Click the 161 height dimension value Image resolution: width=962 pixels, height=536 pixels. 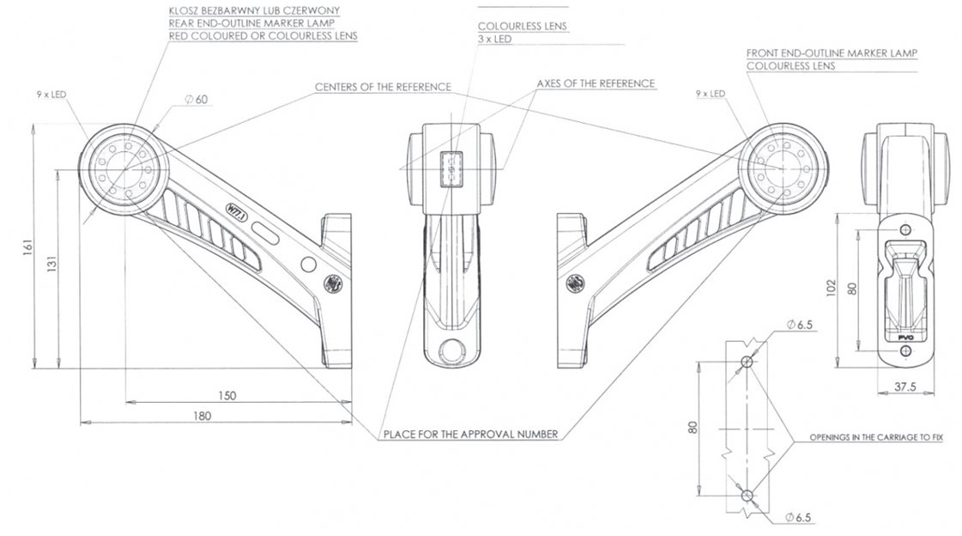pyautogui.click(x=27, y=247)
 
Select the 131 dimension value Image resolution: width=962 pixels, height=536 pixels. pyautogui.click(x=52, y=264)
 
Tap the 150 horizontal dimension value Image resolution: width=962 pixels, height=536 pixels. pyautogui.click(x=227, y=396)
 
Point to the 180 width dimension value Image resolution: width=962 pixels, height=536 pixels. pyautogui.click(x=202, y=417)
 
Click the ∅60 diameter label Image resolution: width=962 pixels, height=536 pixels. pyautogui.click(x=197, y=100)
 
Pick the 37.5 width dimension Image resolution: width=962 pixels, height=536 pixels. pyautogui.click(x=905, y=387)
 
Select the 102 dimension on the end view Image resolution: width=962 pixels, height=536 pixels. pyautogui.click(x=832, y=288)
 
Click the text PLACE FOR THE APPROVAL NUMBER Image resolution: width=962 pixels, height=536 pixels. pyautogui.click(x=470, y=435)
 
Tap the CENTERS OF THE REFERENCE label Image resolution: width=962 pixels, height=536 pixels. pyautogui.click(x=383, y=87)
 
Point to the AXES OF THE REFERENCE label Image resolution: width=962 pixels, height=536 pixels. pyautogui.click(x=596, y=83)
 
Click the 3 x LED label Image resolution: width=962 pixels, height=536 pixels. pyautogui.click(x=494, y=40)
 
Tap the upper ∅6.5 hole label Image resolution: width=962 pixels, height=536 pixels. pyautogui.click(x=800, y=325)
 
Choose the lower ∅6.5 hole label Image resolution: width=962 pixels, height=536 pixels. pyautogui.click(x=798, y=518)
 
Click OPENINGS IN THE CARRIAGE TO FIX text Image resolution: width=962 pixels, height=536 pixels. pyautogui.click(x=876, y=438)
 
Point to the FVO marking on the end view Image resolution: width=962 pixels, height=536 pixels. pyautogui.click(x=905, y=338)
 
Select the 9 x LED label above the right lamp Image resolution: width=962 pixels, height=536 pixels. pyautogui.click(x=711, y=94)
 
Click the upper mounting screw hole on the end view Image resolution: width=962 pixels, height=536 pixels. pyautogui.click(x=905, y=230)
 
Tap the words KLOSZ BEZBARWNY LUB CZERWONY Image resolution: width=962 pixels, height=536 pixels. pyautogui.click(x=254, y=11)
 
